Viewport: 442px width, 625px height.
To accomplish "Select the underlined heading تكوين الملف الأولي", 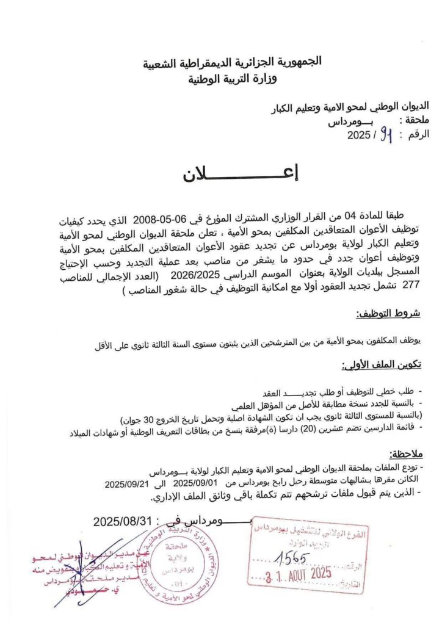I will tap(382, 366).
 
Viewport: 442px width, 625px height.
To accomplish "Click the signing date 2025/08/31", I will tap(122, 522).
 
